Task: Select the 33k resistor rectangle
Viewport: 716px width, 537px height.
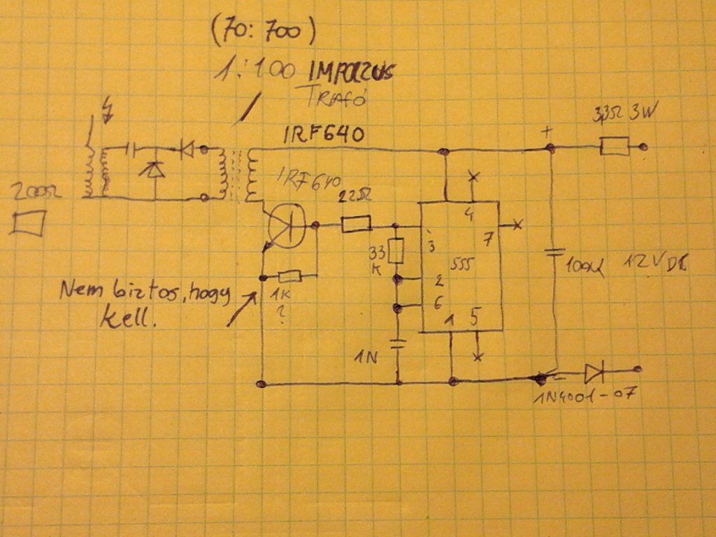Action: coord(396,251)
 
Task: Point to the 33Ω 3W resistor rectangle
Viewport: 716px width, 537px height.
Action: coord(615,148)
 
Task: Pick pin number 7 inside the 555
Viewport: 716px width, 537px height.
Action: coord(487,238)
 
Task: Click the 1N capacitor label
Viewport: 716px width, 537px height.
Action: coord(365,359)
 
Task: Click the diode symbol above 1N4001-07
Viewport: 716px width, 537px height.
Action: coord(595,370)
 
